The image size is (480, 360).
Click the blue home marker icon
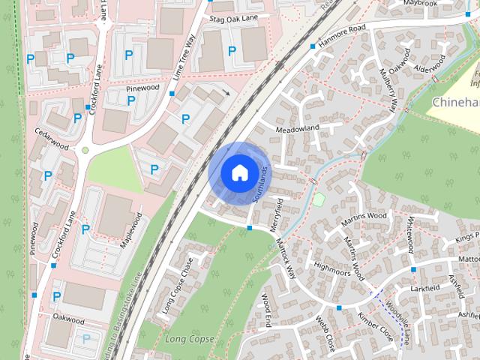coord(238,172)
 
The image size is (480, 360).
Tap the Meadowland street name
coord(298,127)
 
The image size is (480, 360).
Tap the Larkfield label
coord(425,287)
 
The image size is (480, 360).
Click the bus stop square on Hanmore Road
coord(312,47)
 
